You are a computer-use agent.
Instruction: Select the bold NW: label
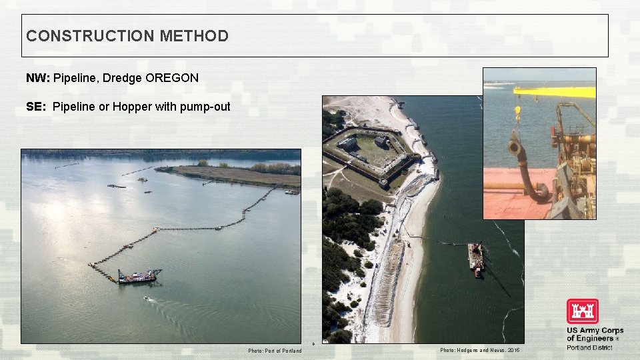pyautogui.click(x=38, y=78)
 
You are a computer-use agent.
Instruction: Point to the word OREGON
pyautogui.click(x=172, y=78)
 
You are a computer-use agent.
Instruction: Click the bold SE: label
pyautogui.click(x=37, y=107)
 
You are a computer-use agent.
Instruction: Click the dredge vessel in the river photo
pyautogui.click(x=139, y=275)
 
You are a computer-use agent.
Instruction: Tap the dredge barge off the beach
pyautogui.click(x=475, y=258)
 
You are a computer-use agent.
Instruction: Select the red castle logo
pyautogui.click(x=582, y=311)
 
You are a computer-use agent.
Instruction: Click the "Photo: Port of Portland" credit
pyautogui.click(x=275, y=351)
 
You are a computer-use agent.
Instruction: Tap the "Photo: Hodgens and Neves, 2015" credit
pyautogui.click(x=479, y=351)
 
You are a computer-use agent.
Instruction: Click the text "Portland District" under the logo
pyautogui.click(x=589, y=347)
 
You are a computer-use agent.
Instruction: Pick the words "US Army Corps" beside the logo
pyautogui.click(x=595, y=331)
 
